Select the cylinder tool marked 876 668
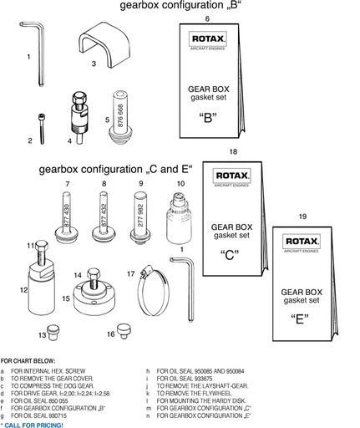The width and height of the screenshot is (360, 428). (123, 115)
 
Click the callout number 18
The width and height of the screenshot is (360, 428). (233, 153)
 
